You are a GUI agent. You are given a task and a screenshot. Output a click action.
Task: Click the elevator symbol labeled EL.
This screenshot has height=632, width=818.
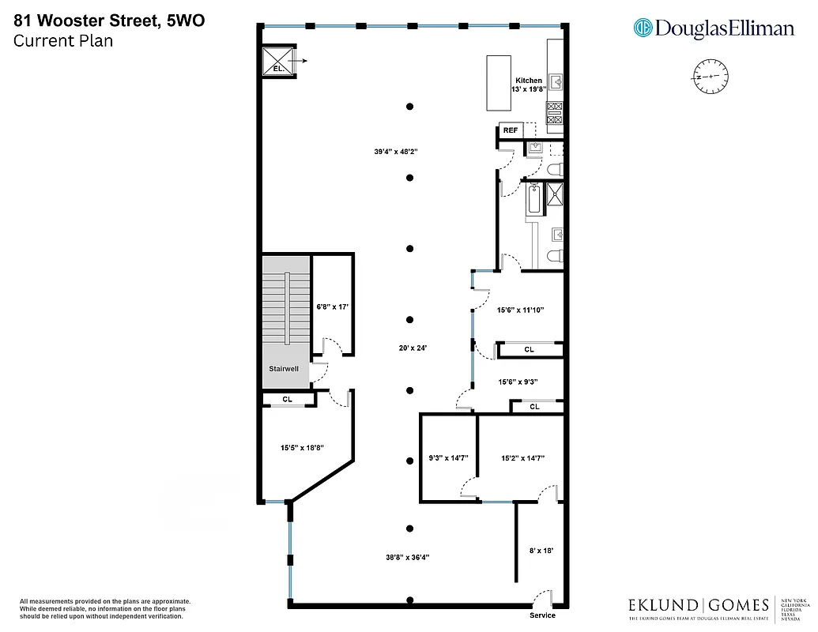(277, 61)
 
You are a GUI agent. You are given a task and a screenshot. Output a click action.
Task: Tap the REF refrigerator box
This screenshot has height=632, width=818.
(511, 130)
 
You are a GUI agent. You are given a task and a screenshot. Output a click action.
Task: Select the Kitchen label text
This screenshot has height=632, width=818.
(529, 81)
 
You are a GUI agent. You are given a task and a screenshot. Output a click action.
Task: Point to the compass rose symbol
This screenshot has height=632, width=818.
(711, 76)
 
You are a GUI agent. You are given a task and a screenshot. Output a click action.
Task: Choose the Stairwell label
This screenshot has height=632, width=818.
(283, 368)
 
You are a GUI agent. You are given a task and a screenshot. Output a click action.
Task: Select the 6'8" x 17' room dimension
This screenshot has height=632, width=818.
(333, 307)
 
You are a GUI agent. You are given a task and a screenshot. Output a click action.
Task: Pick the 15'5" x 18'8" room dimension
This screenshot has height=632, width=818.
(303, 448)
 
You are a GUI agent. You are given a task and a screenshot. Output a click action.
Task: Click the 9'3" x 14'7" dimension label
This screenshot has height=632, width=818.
(448, 457)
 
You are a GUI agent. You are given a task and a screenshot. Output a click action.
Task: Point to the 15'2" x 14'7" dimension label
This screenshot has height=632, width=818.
(522, 457)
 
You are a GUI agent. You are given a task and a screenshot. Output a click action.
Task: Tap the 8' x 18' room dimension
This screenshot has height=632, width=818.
(541, 550)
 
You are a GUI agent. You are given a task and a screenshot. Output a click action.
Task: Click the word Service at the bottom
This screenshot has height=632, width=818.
(542, 615)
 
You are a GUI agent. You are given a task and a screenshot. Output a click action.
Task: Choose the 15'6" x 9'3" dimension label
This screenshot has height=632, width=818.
(518, 382)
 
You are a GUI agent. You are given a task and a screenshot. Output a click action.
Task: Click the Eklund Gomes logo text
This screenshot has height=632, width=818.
(698, 605)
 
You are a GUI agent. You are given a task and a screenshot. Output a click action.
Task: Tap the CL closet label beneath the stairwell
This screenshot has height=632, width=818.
(288, 400)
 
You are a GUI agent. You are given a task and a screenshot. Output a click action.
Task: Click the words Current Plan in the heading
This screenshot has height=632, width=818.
(63, 41)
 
